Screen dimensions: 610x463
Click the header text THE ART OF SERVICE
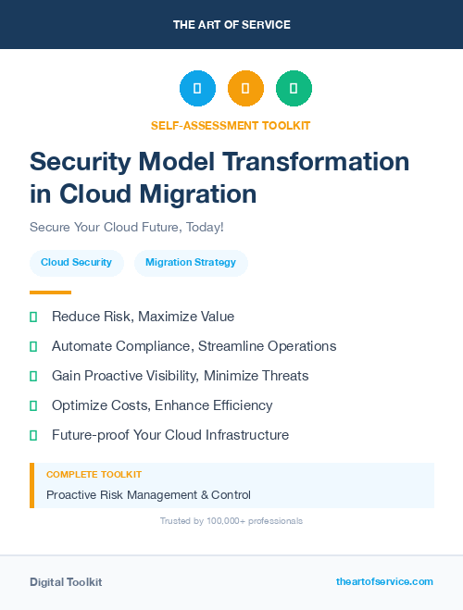tap(231, 25)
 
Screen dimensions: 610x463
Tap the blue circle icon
tap(197, 89)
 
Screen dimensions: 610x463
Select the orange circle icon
tap(245, 89)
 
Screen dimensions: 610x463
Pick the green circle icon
tap(294, 89)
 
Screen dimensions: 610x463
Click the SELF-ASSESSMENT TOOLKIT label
tap(231, 125)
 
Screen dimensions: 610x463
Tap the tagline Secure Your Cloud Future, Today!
tap(126, 227)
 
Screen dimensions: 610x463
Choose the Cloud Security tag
tap(76, 263)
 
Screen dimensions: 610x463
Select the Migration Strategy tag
tap(191, 263)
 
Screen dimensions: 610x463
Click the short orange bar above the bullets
tap(50, 293)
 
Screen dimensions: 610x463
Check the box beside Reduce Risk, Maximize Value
tap(33, 317)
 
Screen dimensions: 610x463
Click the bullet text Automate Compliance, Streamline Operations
tap(194, 346)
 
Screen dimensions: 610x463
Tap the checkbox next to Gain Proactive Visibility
tap(33, 376)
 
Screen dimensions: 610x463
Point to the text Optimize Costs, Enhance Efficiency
tap(162, 405)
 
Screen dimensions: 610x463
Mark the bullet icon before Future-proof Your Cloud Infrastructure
tap(33, 435)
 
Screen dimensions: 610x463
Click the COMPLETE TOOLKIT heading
tap(94, 474)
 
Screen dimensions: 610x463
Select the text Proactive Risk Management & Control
tap(148, 495)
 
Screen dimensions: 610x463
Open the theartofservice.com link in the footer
tap(384, 581)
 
